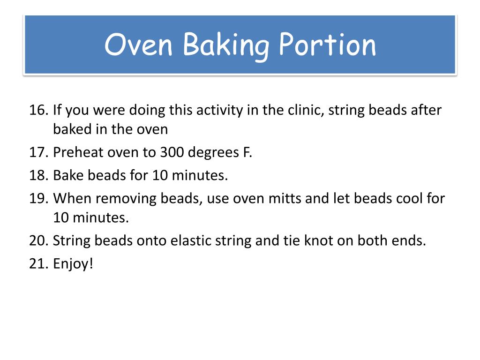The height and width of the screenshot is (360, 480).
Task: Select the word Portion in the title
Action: coord(328,45)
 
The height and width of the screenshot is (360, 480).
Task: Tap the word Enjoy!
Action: coord(74,264)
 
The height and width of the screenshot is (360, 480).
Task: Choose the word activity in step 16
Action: coord(216,112)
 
